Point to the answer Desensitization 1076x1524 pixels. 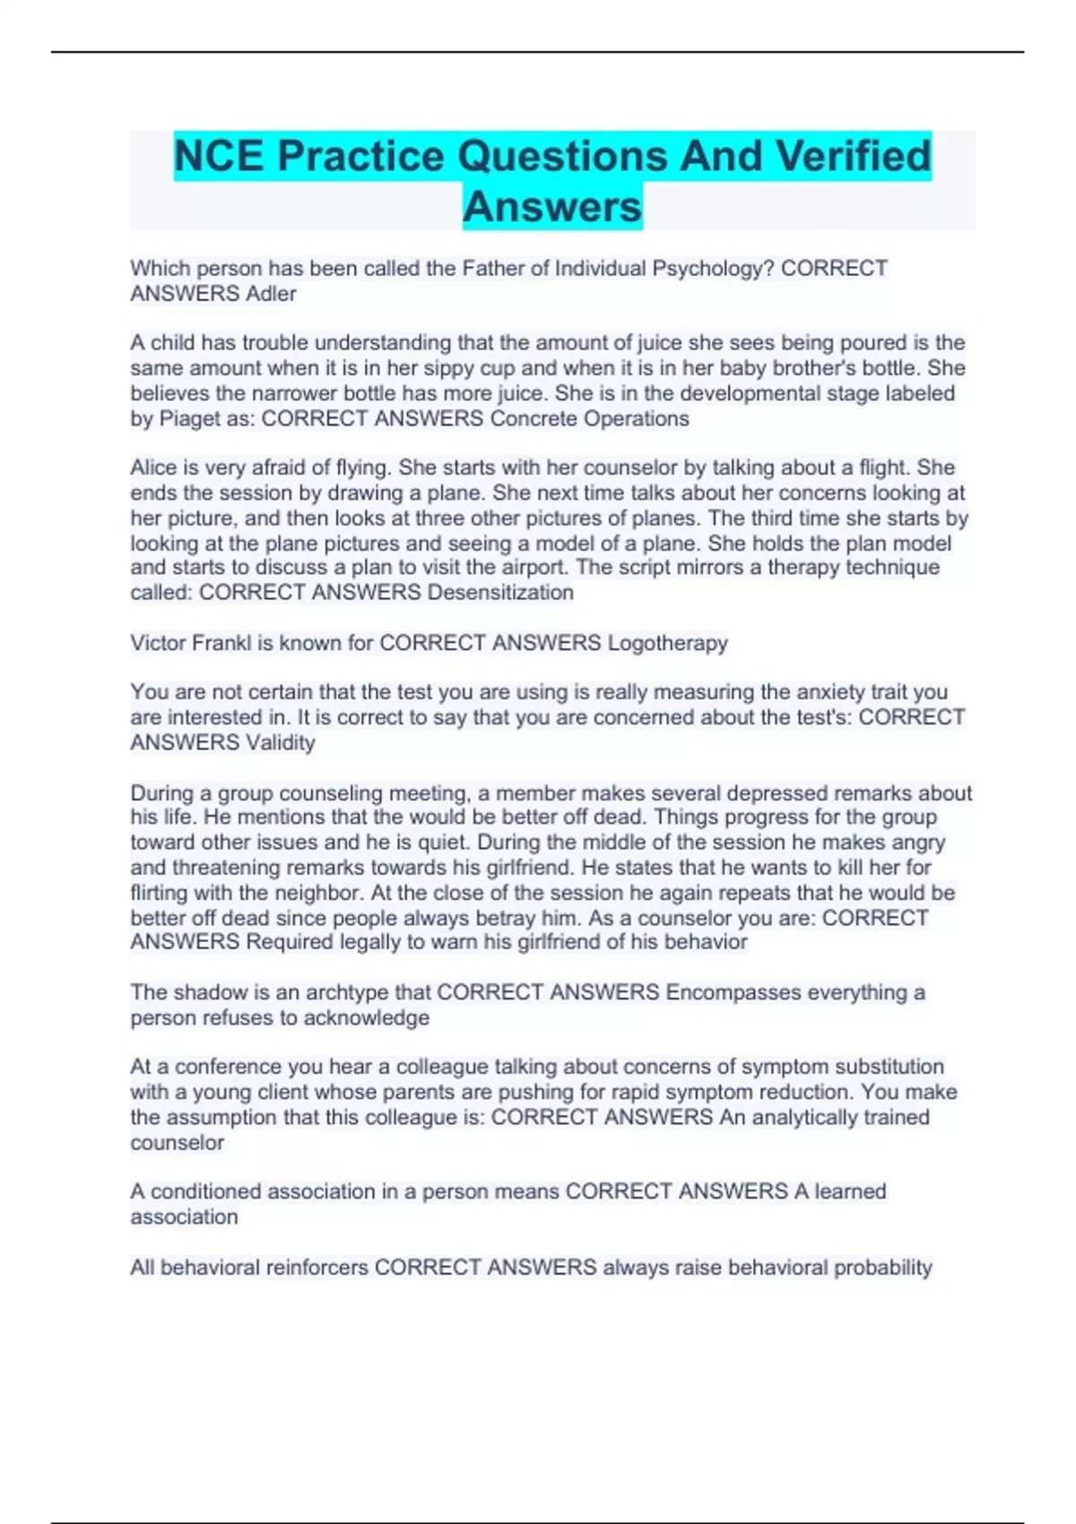pos(500,593)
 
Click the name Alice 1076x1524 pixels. pos(157,468)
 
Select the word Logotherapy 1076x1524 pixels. pos(668,643)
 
